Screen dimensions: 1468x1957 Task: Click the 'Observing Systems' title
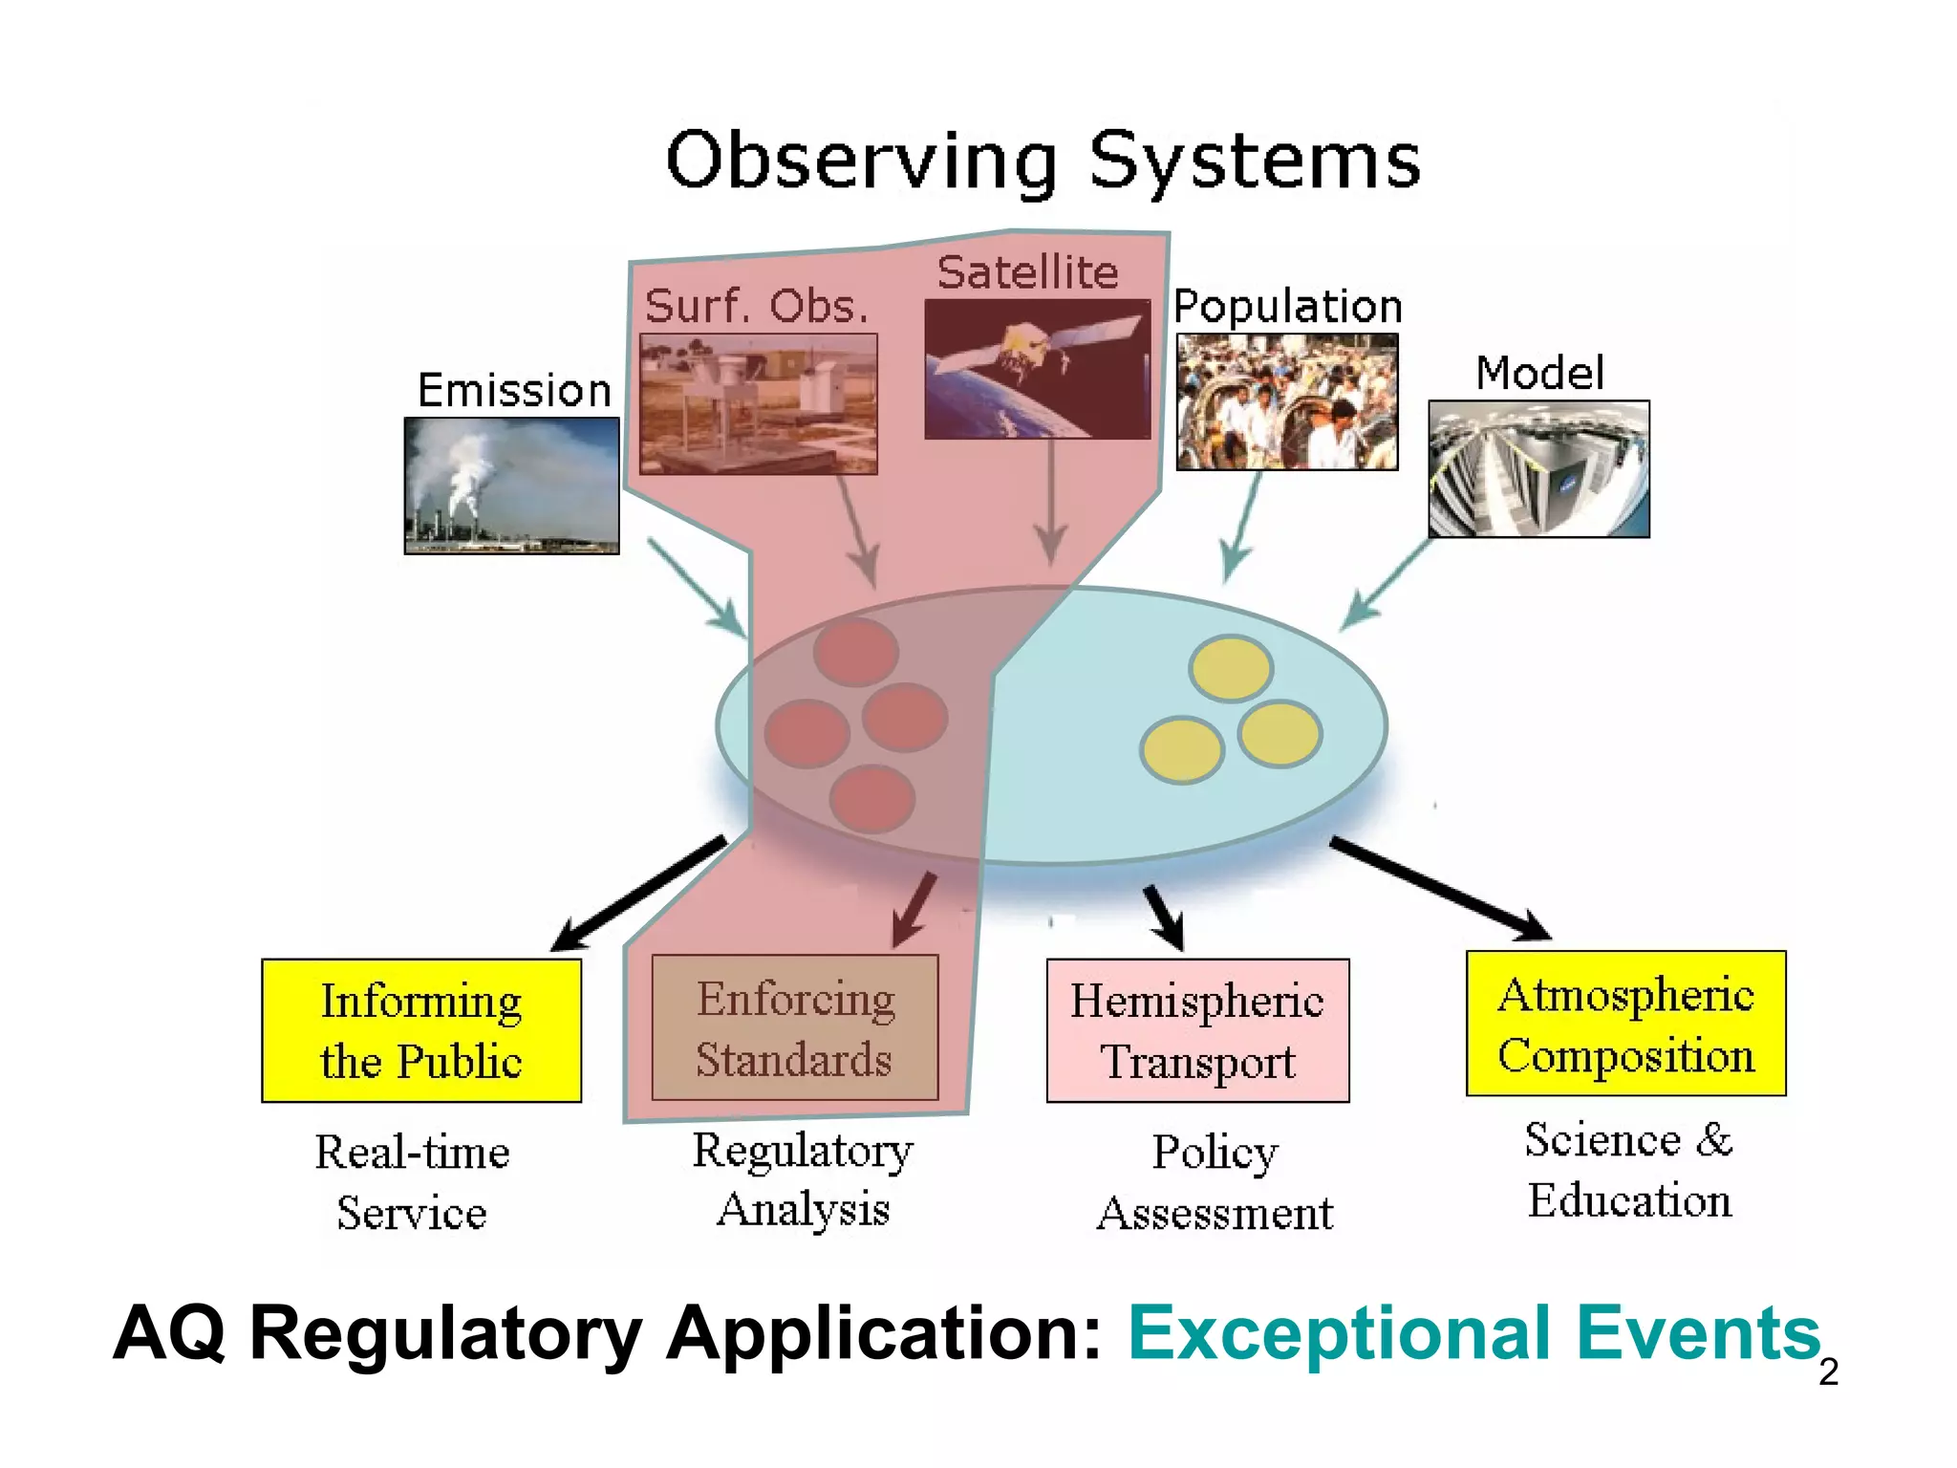(1043, 161)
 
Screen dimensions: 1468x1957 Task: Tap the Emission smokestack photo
(511, 486)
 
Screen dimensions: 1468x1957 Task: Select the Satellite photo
(1037, 369)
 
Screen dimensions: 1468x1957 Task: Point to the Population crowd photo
(1286, 401)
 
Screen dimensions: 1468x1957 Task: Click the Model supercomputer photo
(1538, 468)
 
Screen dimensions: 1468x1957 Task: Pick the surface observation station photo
(758, 403)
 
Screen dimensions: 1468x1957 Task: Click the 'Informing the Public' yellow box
(421, 1030)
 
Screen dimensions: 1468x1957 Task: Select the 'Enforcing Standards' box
(795, 1028)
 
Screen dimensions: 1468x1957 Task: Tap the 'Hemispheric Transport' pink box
(1197, 1030)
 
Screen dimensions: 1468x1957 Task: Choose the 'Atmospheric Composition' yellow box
(1625, 1024)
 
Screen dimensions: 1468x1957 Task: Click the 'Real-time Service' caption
(412, 1181)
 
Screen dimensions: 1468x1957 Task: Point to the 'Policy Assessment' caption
(1214, 1181)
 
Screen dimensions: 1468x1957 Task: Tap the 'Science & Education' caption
(1629, 1170)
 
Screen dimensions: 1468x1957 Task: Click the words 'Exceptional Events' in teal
(1474, 1333)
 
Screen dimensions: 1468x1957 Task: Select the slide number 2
(1828, 1372)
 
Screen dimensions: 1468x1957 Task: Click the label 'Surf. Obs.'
(757, 307)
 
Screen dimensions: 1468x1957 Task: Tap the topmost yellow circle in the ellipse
(1231, 667)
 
